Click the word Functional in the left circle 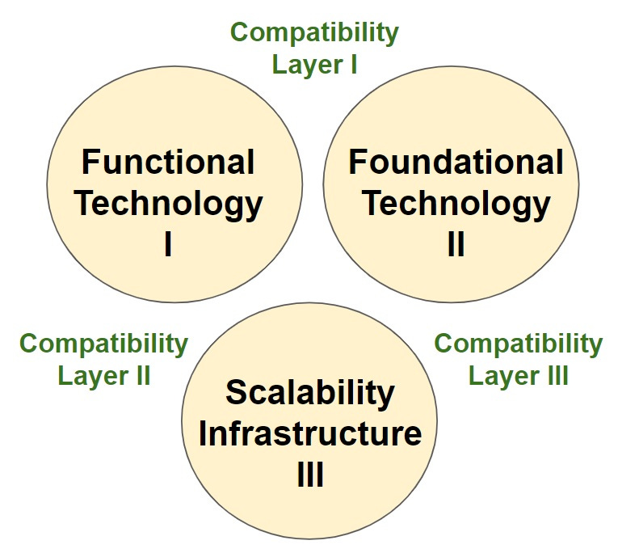(x=168, y=163)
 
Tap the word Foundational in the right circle (x=456, y=163)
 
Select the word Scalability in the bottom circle (x=310, y=393)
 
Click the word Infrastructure (x=310, y=434)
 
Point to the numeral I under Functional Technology (x=168, y=243)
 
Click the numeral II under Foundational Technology (x=456, y=243)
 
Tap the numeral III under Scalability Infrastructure (x=310, y=475)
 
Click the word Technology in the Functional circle (x=168, y=203)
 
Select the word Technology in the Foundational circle (x=456, y=203)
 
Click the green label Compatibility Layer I (x=314, y=49)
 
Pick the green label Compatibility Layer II (x=103, y=359)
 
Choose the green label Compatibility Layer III (x=518, y=359)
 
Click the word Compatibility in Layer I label (x=314, y=33)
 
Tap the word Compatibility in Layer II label (x=103, y=344)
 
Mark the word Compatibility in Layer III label (x=518, y=344)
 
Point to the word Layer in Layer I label (x=304, y=65)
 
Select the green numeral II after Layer (x=141, y=376)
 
